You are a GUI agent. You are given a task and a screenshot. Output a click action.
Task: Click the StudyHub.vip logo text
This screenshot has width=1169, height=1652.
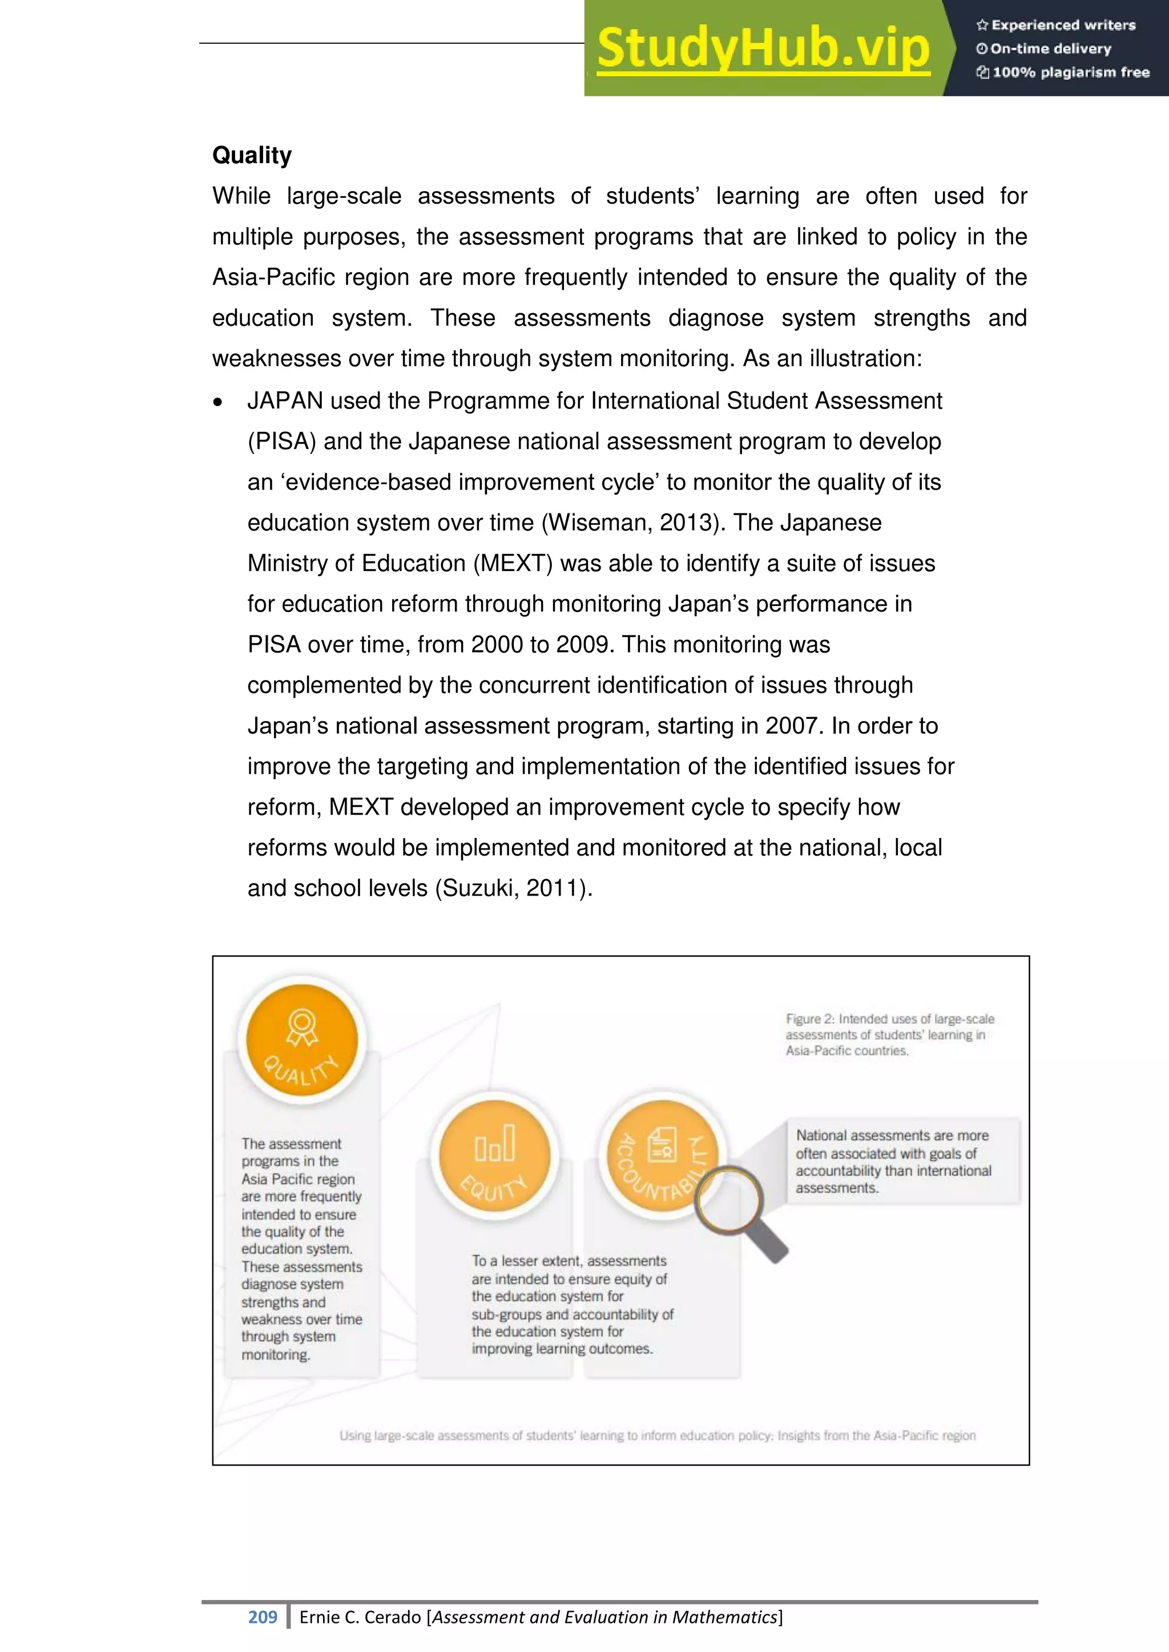tap(763, 48)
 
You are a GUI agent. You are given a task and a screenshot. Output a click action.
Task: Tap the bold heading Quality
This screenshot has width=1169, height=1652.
tap(252, 155)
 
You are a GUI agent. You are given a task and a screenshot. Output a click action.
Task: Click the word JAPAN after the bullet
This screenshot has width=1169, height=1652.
tap(284, 401)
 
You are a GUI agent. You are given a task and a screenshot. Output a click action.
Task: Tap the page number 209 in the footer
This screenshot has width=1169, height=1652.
tap(262, 1617)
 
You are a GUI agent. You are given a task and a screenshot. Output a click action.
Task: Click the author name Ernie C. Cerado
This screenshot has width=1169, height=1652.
tap(361, 1617)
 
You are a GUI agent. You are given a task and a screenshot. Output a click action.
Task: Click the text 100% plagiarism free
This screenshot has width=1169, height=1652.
tap(1070, 72)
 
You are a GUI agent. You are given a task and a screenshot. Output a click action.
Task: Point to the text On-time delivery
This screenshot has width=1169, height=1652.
tap(1050, 49)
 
